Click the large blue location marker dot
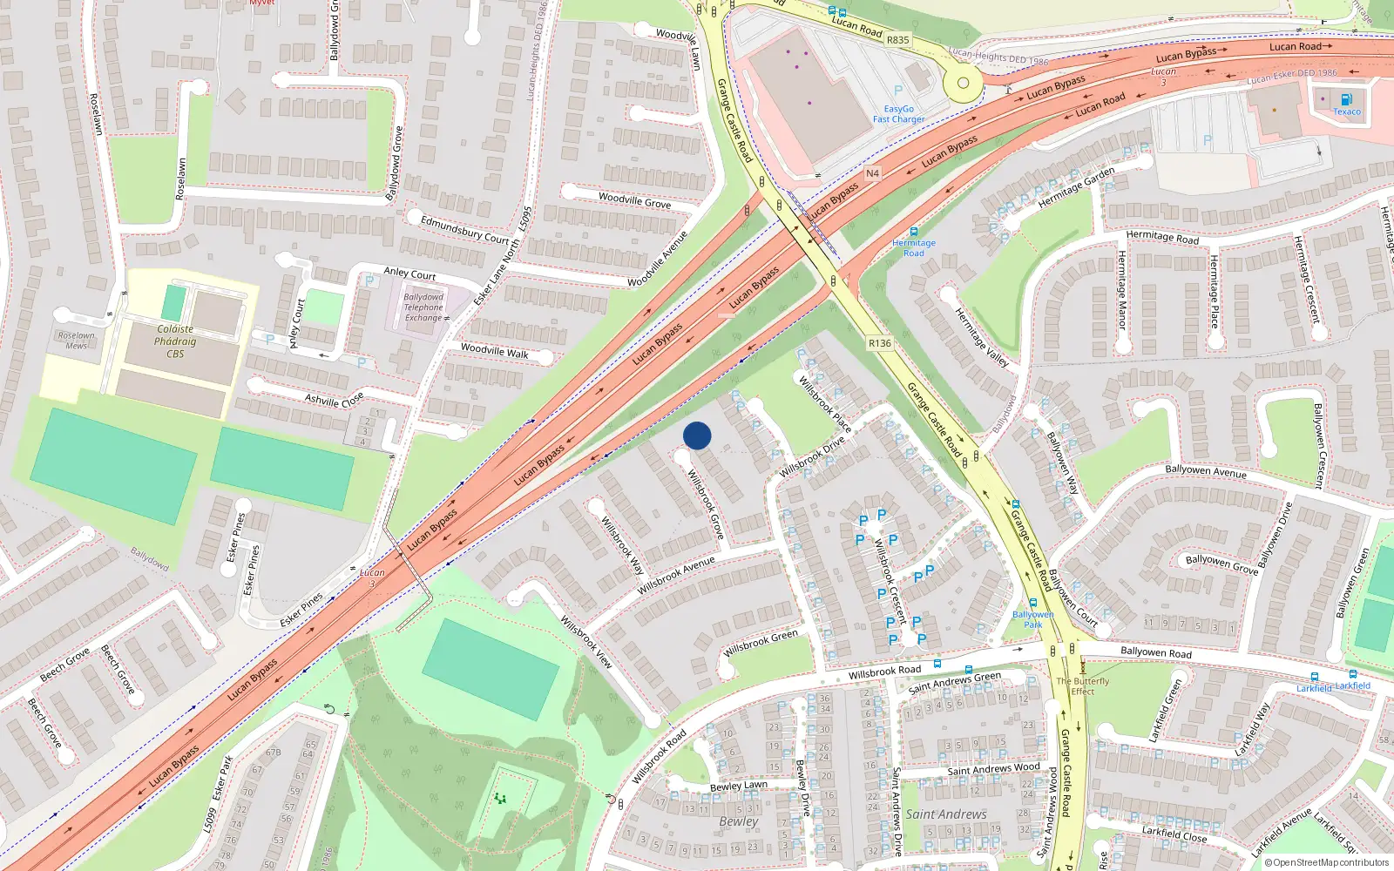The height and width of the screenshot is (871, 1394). tap(697, 435)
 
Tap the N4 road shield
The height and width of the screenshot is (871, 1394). tap(872, 173)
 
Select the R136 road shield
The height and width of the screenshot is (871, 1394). tap(880, 343)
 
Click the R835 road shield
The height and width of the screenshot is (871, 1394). tap(897, 39)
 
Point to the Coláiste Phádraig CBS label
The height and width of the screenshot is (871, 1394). tap(175, 341)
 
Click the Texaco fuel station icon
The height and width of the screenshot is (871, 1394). tap(1347, 99)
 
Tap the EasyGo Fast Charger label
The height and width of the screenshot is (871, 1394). tap(899, 114)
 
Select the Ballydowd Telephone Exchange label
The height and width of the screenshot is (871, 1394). tap(423, 307)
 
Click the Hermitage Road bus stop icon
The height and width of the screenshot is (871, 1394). tap(914, 232)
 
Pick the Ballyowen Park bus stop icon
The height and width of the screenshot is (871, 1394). tap(1033, 603)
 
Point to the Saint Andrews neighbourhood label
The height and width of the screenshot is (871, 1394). tap(946, 814)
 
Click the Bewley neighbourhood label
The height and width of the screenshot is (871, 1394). tap(739, 821)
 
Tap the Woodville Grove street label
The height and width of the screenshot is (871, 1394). tap(634, 200)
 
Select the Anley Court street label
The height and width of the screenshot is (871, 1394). tap(409, 273)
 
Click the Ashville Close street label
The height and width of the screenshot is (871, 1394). tap(334, 401)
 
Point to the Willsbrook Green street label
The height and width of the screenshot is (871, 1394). tap(761, 644)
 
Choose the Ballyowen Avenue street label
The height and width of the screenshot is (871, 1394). tap(1206, 471)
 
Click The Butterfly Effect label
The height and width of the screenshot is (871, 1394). tap(1083, 686)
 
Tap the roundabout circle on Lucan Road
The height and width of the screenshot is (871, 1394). tap(963, 84)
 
